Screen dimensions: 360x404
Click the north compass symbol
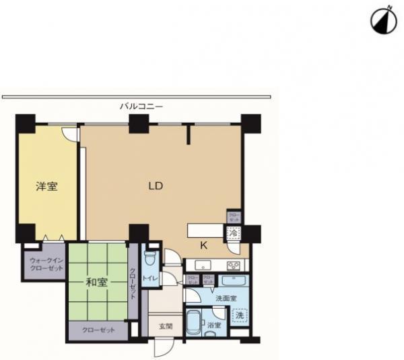(x=381, y=22)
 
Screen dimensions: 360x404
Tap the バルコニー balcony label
(x=141, y=106)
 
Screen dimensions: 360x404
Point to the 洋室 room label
(x=46, y=186)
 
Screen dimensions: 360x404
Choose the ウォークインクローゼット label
(x=46, y=264)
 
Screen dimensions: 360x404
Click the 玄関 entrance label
(x=166, y=326)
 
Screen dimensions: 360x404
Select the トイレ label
(x=149, y=276)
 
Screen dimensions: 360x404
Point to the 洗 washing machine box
(x=238, y=315)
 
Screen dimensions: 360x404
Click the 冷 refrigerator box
(x=234, y=233)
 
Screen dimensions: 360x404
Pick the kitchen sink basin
(x=203, y=264)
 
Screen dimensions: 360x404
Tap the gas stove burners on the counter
(x=234, y=264)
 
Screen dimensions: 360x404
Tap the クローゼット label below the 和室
(x=97, y=330)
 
